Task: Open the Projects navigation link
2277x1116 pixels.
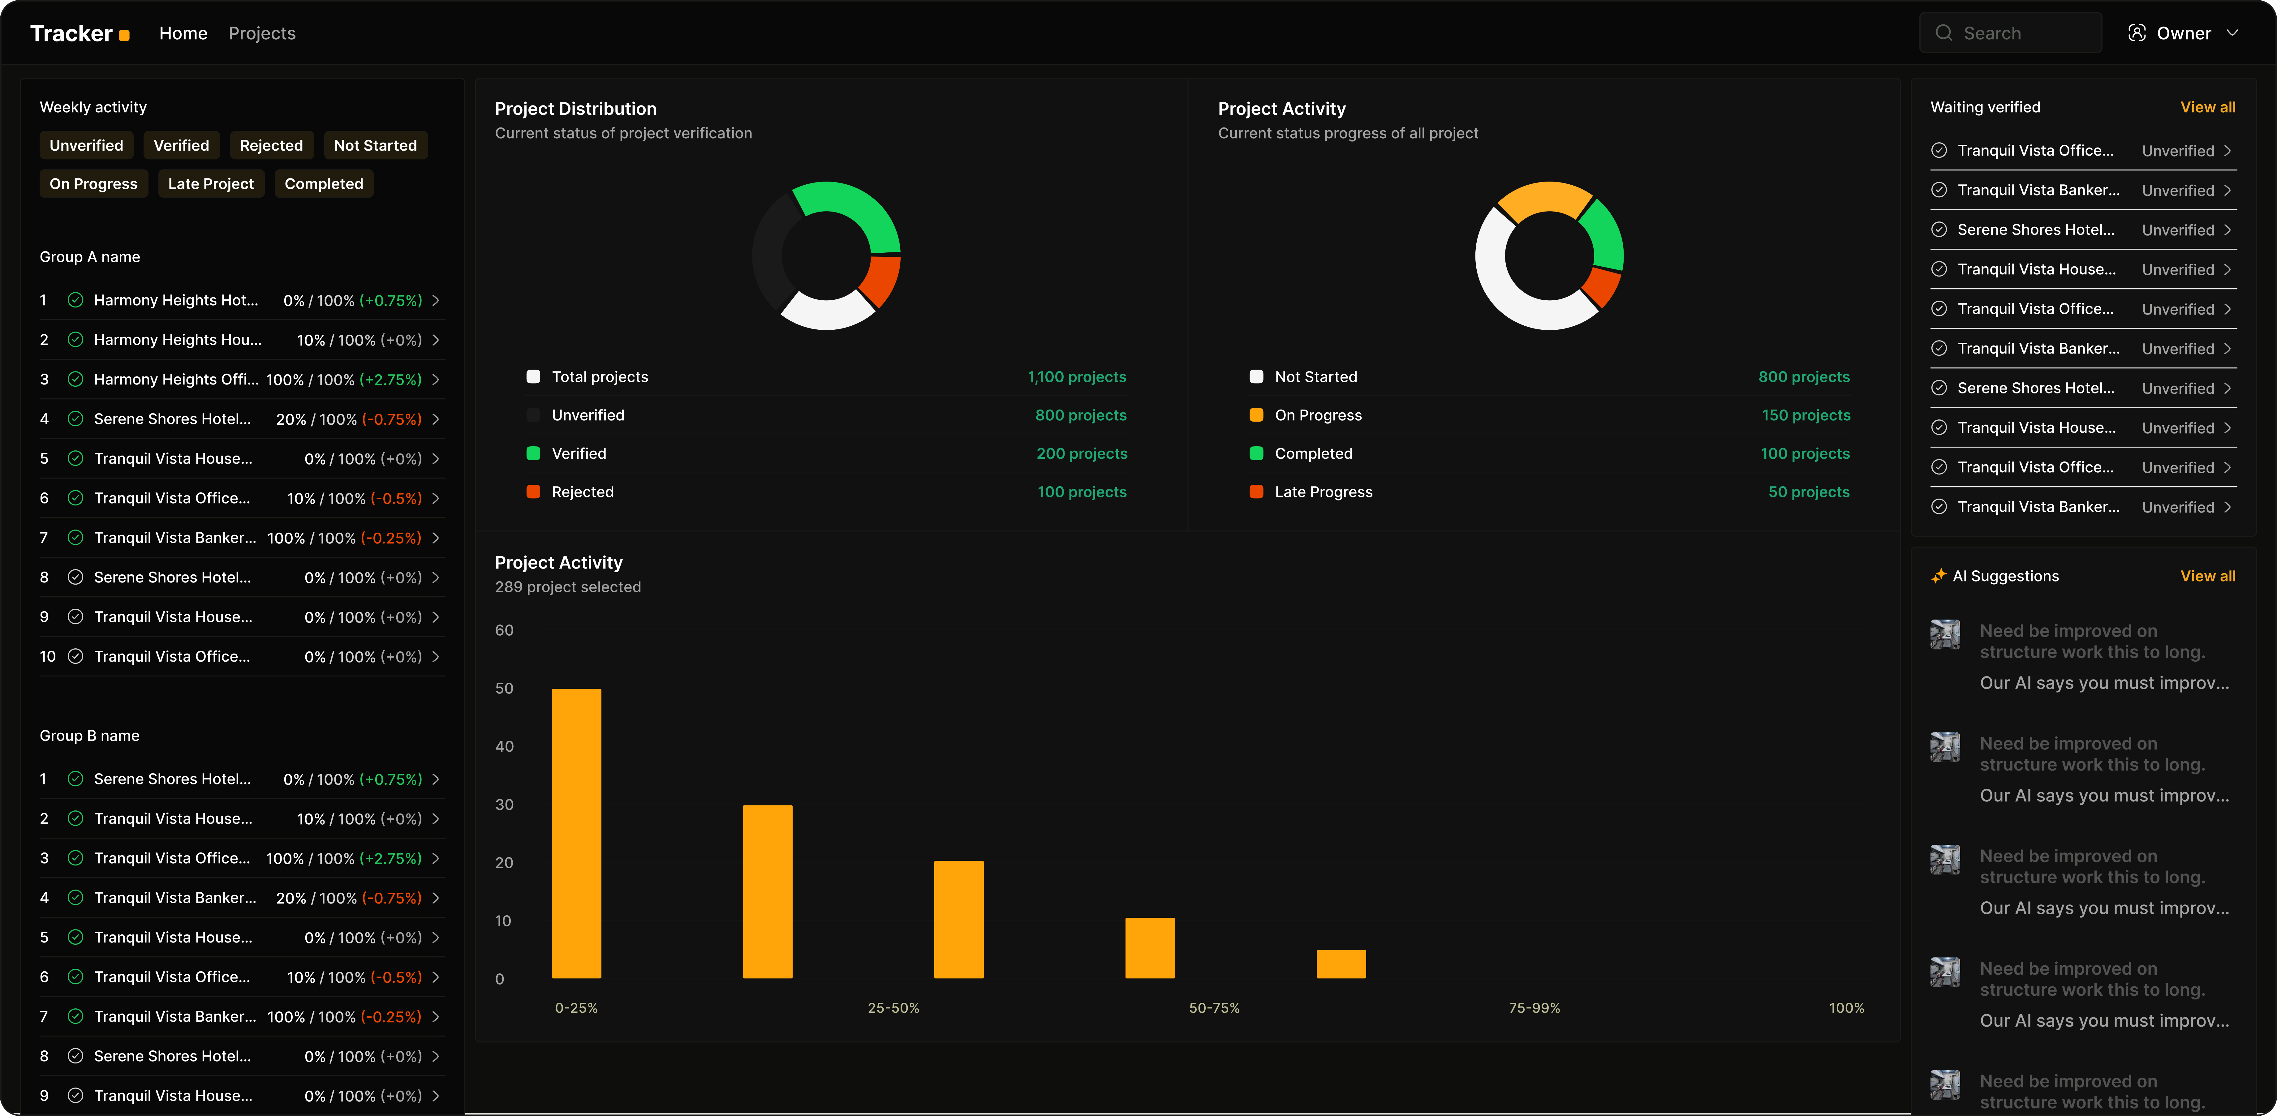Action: click(x=262, y=34)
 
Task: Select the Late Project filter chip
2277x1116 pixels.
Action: click(x=210, y=184)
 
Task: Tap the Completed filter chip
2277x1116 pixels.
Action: click(x=324, y=184)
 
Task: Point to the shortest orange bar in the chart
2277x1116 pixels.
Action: click(x=1340, y=964)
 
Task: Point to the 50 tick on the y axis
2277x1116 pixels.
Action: click(x=504, y=688)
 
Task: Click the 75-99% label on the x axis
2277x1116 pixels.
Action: click(x=1534, y=1008)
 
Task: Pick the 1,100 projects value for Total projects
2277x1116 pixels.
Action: click(x=1076, y=377)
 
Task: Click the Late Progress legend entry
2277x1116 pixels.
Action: click(x=1322, y=492)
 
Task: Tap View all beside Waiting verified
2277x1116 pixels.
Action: click(x=2207, y=107)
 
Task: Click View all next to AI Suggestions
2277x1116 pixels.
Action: click(x=2207, y=576)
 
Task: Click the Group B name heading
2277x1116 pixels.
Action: click(x=89, y=736)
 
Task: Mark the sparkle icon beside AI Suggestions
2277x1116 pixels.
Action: click(x=1939, y=576)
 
